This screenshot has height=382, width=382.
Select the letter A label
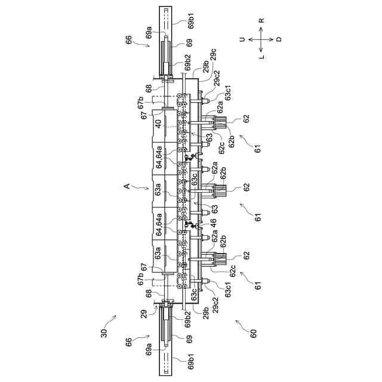click(x=126, y=187)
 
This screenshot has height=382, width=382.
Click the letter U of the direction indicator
click(x=242, y=39)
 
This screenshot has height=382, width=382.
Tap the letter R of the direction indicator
click(x=261, y=20)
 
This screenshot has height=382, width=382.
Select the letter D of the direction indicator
click(x=279, y=39)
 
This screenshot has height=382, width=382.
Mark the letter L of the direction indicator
click(x=261, y=57)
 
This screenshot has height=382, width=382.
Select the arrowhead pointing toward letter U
click(x=250, y=39)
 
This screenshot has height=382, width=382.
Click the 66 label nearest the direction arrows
click(x=128, y=40)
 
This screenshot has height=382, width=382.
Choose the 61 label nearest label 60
click(x=257, y=286)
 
